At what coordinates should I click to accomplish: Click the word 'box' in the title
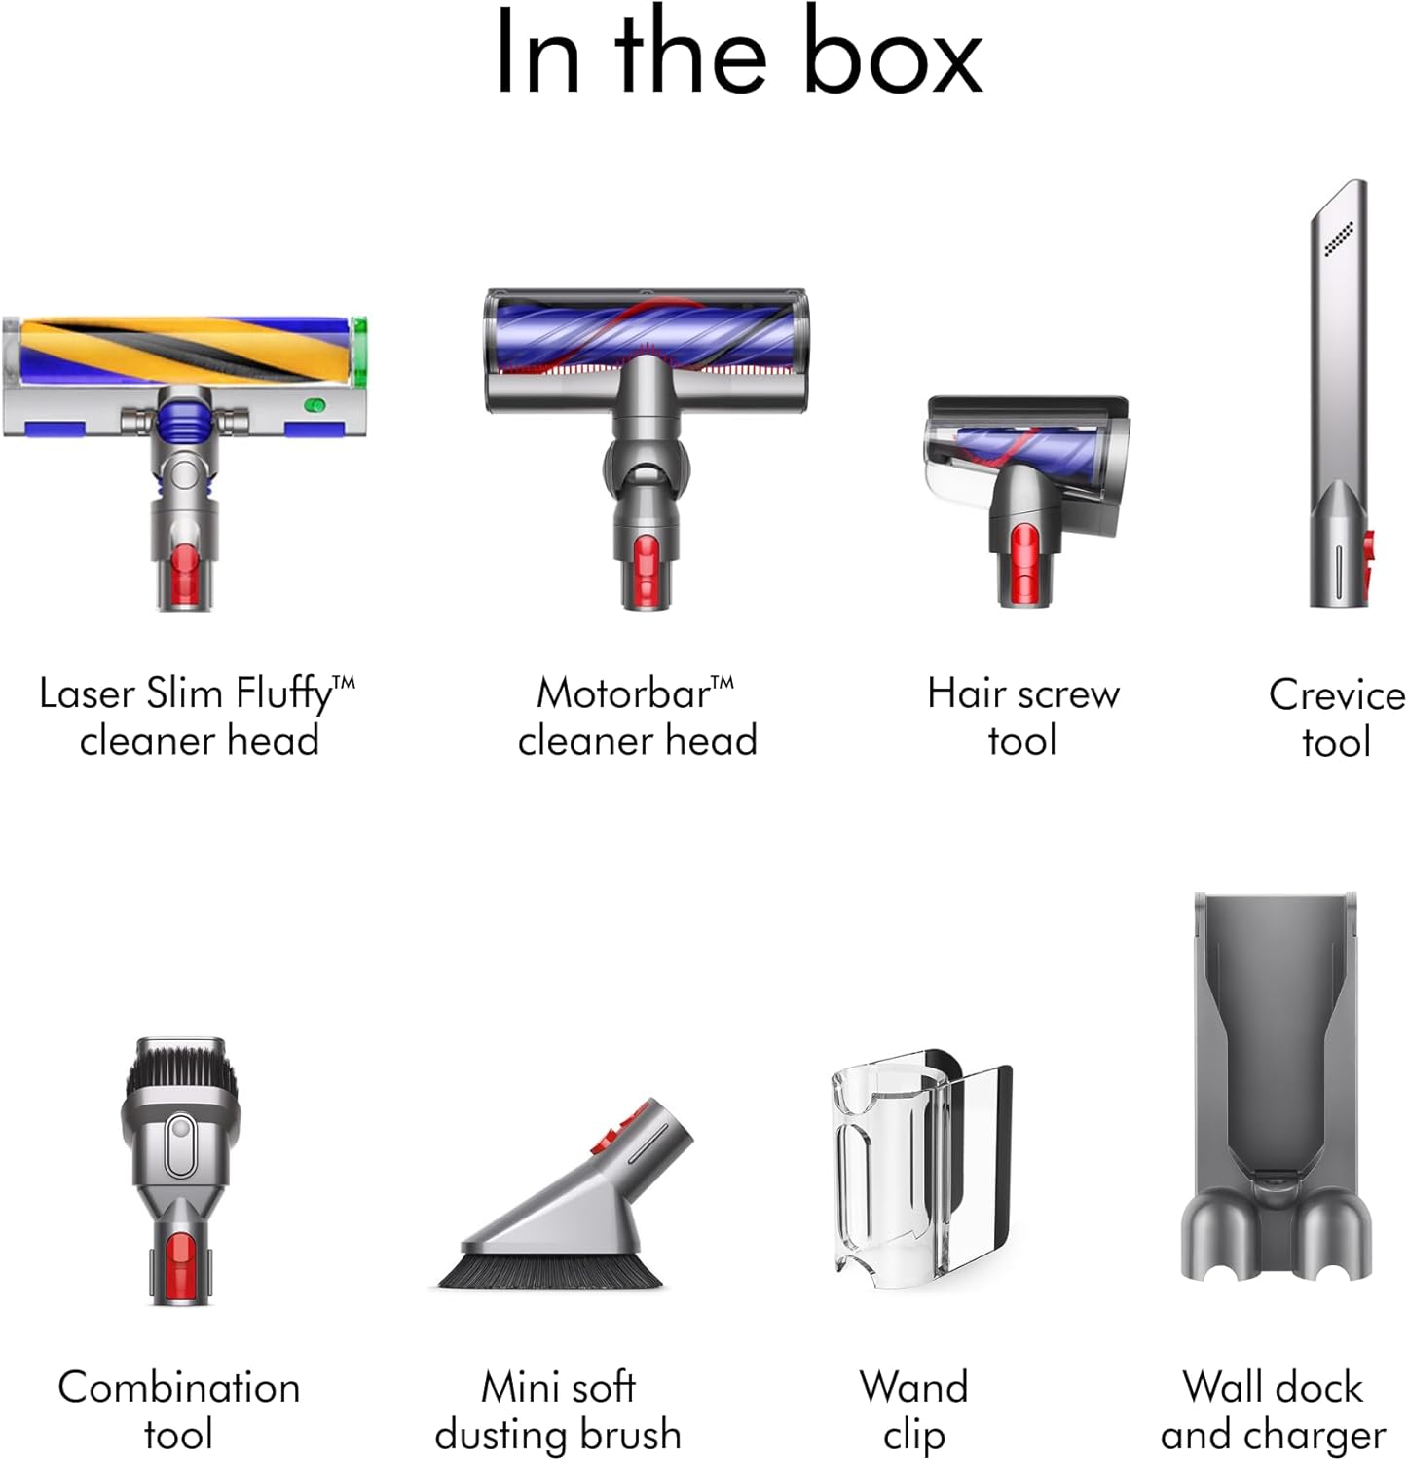[893, 53]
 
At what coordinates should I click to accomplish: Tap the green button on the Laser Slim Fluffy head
[314, 405]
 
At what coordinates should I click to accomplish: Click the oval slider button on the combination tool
[179, 1146]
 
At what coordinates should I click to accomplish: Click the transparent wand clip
[919, 1163]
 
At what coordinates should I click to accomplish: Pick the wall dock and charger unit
[1275, 1086]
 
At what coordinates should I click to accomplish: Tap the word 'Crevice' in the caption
[1337, 695]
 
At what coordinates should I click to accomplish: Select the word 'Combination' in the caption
[179, 1387]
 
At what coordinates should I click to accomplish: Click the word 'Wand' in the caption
[913, 1387]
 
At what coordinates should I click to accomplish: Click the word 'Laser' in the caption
[87, 694]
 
